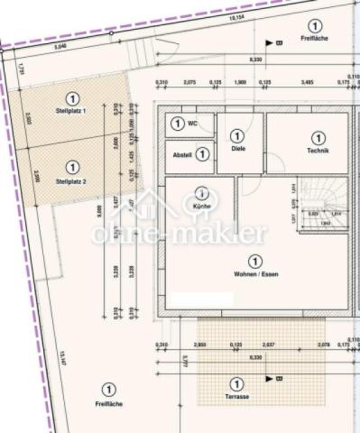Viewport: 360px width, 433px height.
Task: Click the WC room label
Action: tap(193, 124)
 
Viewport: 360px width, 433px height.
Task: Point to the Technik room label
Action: tap(318, 152)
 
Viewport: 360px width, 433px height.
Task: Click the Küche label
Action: tap(201, 207)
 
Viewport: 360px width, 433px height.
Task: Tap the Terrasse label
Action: tap(236, 398)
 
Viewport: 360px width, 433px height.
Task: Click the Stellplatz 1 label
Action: tap(70, 110)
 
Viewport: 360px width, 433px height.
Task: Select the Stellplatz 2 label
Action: tap(70, 180)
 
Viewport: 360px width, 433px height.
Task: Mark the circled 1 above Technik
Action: tap(318, 137)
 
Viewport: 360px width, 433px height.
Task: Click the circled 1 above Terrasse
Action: tap(236, 382)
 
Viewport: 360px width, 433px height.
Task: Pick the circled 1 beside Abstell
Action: tap(203, 155)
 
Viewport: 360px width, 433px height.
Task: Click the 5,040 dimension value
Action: tap(60, 45)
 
